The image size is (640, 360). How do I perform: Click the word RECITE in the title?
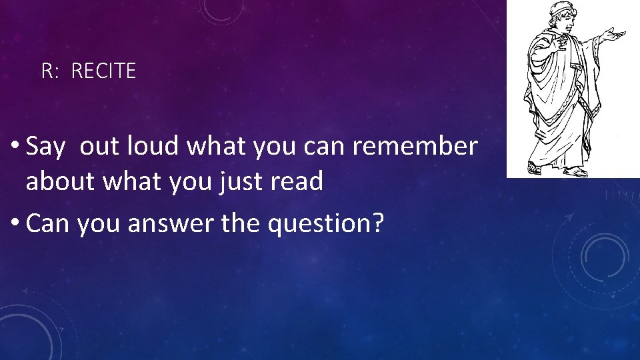pyautogui.click(x=103, y=71)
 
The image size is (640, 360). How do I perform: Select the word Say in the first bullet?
pyautogui.click(x=45, y=147)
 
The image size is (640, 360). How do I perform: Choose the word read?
pyautogui.click(x=298, y=181)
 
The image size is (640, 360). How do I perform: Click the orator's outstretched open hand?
pyautogui.click(x=614, y=34)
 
